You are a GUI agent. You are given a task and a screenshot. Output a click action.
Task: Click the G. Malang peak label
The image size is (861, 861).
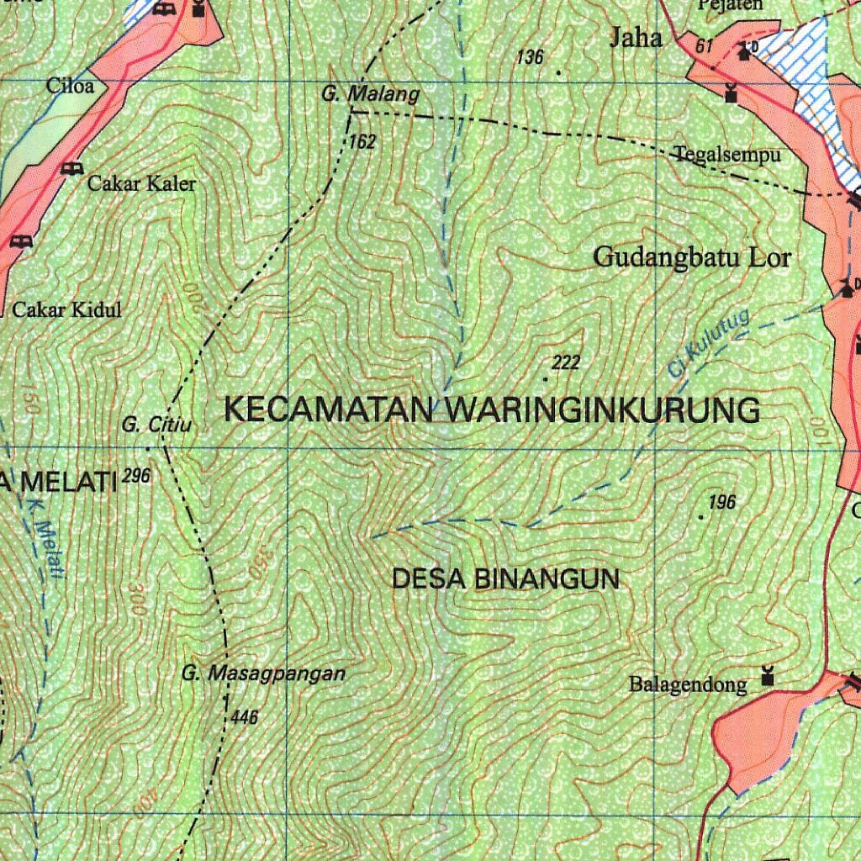pos(370,94)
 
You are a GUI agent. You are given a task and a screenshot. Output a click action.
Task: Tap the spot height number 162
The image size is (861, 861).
pos(362,142)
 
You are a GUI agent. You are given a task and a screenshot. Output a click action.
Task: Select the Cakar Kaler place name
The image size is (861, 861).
pos(141,184)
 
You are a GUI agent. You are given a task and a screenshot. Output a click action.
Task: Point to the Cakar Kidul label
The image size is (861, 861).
pos(66,309)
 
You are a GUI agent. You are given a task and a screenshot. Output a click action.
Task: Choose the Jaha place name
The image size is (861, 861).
pos(636,38)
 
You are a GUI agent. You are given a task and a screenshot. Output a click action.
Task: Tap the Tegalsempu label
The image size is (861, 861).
pos(727,155)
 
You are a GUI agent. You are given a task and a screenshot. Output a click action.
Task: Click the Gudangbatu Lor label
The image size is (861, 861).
pos(692,256)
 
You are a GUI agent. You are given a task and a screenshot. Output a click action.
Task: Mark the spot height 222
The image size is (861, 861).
pos(566,362)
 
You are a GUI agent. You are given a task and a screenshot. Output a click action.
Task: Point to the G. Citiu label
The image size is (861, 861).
pos(156,425)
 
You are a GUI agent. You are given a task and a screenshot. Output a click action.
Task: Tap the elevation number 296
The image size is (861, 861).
pos(135,476)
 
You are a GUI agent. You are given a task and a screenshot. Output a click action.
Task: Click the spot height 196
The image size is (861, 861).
pos(721,503)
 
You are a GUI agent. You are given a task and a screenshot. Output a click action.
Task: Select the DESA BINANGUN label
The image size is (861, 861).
pos(506,578)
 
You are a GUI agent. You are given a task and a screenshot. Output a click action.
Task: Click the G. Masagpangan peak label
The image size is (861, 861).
pos(263,673)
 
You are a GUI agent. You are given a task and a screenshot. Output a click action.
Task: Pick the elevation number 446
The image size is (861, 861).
pos(243,717)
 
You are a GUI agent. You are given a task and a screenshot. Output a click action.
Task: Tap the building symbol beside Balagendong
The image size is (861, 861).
pos(766,676)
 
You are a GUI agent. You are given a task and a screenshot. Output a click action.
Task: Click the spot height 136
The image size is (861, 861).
pos(531,57)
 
